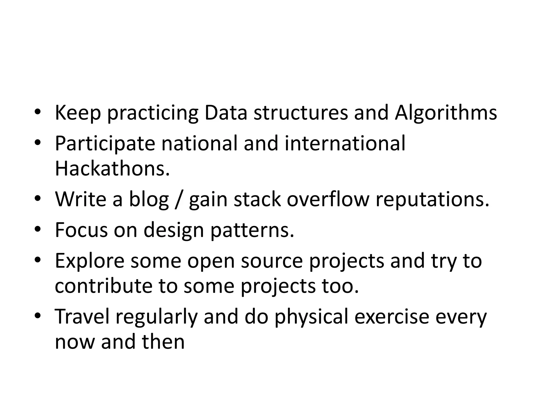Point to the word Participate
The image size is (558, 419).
pos(105,143)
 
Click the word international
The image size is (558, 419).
pos(345,143)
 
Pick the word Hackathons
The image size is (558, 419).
pos(112,168)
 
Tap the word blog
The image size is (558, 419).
pos(149,199)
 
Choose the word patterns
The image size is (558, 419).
pos(252,230)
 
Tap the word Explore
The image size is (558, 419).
pos(89,261)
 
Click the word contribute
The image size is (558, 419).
pos(103,286)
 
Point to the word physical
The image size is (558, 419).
pos(311,317)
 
